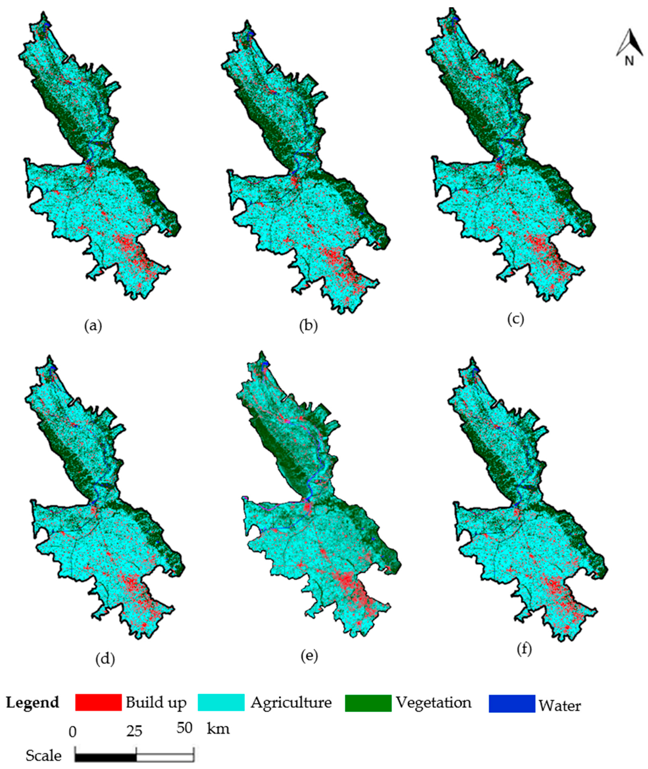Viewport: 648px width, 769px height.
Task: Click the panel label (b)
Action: tap(308, 326)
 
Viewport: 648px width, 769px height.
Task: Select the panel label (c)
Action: tap(515, 319)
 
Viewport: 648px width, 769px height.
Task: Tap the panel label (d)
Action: tap(105, 659)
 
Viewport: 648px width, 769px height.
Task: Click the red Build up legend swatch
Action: tap(98, 702)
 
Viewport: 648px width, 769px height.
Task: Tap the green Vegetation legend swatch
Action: tap(368, 702)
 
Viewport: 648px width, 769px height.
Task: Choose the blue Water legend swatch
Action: tap(512, 703)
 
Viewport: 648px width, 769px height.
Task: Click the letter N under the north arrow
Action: tap(629, 61)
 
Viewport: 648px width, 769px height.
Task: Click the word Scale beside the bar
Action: tap(43, 756)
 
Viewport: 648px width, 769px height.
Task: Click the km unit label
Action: tap(218, 728)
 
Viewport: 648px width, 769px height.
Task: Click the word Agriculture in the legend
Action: tap(291, 702)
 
